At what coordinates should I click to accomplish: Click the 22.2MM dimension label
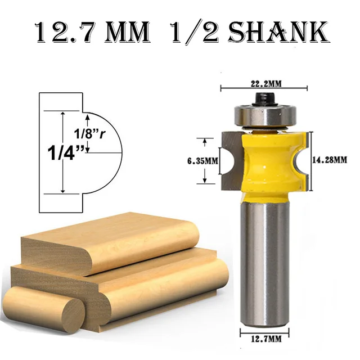(264, 83)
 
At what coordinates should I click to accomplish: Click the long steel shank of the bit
(264, 259)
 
